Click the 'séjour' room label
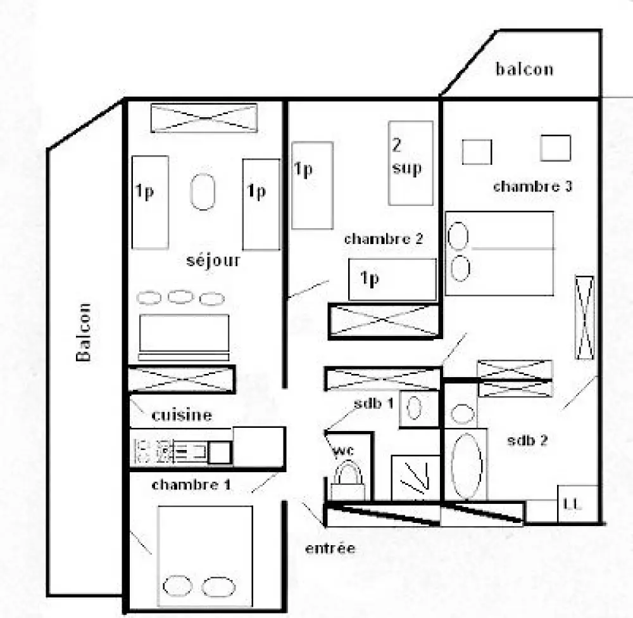click(213, 261)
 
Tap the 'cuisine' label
click(182, 415)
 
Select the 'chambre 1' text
click(191, 484)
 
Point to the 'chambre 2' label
click(383, 238)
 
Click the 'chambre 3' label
click(532, 186)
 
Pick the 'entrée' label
click(330, 548)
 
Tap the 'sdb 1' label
click(373, 403)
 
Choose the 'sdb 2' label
click(527, 440)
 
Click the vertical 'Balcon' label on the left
click(84, 332)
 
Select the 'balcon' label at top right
click(524, 69)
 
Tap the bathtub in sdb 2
click(467, 466)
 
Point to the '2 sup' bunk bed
click(411, 163)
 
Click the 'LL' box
click(577, 504)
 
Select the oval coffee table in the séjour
click(203, 191)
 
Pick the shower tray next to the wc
click(415, 478)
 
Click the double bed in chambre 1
click(205, 556)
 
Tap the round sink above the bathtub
click(462, 413)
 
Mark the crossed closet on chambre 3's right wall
click(584, 318)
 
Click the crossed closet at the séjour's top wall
click(204, 118)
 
